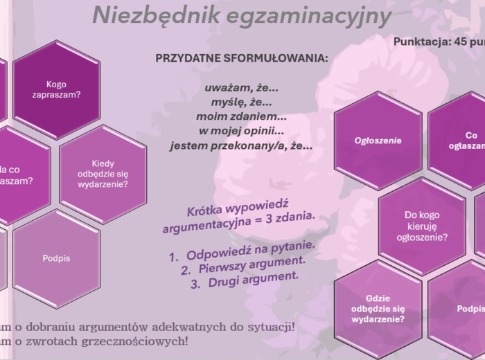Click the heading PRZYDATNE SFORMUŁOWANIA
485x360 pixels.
(x=242, y=58)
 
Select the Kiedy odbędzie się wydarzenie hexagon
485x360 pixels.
(x=103, y=173)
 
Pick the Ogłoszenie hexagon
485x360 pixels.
(x=378, y=141)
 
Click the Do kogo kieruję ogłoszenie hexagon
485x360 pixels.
(x=422, y=226)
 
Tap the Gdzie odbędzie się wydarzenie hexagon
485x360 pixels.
(x=378, y=308)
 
